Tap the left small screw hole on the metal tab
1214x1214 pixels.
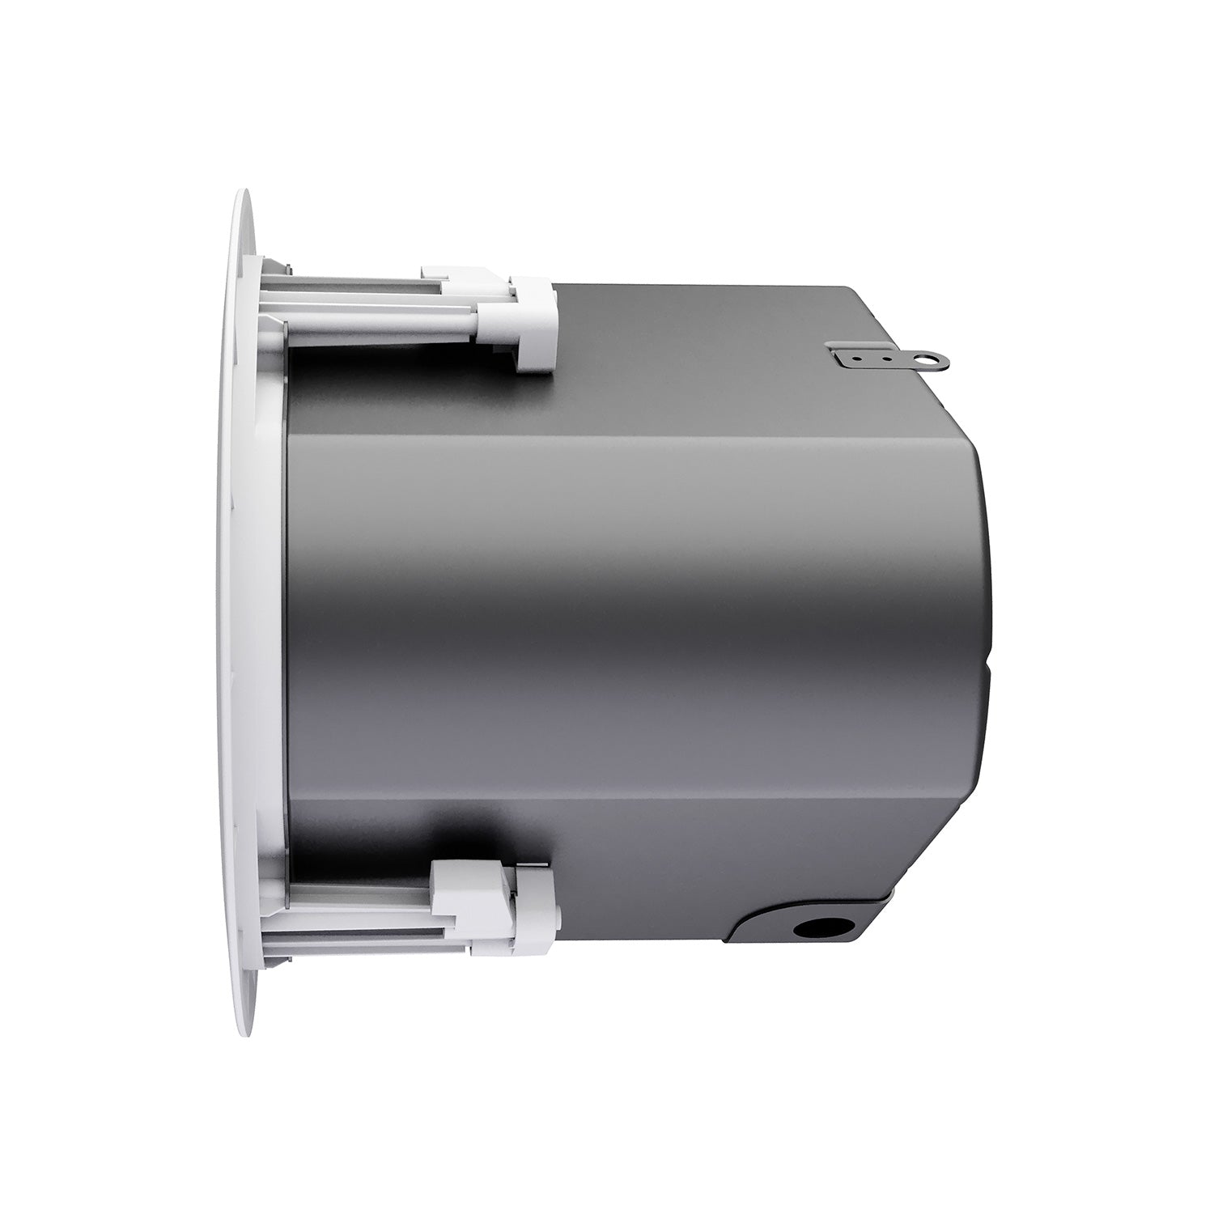point(859,354)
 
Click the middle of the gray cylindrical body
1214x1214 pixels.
point(631,607)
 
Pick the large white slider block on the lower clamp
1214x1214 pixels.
point(461,890)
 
